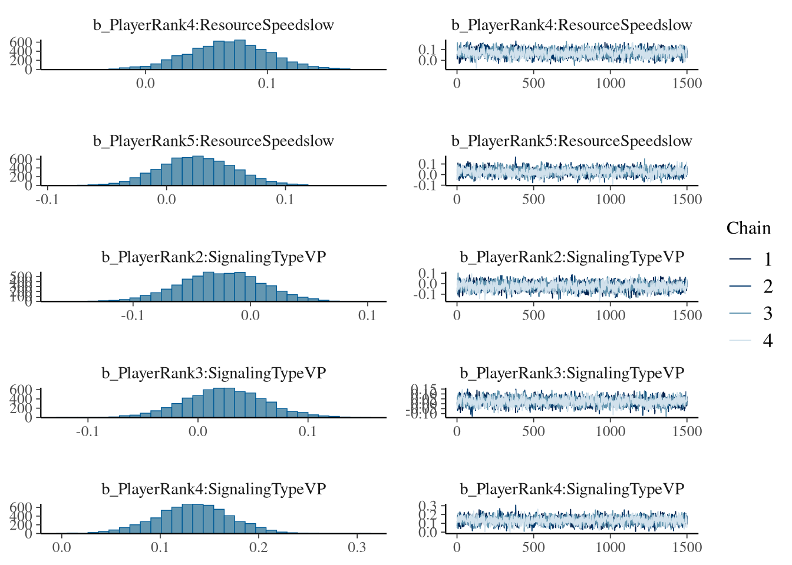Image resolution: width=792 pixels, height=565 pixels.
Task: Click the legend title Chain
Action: tap(748, 228)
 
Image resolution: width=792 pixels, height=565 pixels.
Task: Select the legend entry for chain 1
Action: tap(767, 260)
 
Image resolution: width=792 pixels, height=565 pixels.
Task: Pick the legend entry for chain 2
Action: tap(767, 287)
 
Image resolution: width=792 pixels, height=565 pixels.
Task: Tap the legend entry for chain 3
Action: tap(767, 314)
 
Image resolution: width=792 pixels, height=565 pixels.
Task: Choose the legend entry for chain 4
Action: tap(767, 341)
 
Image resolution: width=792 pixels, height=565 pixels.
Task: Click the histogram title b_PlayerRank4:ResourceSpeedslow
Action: tap(213, 25)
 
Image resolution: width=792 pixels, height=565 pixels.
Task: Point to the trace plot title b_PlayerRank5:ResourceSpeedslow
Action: tap(572, 141)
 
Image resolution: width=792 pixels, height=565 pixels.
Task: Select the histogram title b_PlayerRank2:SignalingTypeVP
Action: tap(213, 257)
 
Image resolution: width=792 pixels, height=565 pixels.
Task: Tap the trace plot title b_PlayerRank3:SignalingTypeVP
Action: tap(572, 373)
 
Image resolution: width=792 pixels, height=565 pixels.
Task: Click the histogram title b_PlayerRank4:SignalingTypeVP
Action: tap(213, 489)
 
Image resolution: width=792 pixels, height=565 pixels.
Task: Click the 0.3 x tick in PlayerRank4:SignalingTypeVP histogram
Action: tap(357, 547)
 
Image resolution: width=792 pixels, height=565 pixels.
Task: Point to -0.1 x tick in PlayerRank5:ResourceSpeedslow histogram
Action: tap(47, 200)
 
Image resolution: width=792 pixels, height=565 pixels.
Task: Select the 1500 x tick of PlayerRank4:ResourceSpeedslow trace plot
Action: tap(687, 84)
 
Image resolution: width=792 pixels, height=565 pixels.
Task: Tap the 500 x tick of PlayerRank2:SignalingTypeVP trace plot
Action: tap(533, 315)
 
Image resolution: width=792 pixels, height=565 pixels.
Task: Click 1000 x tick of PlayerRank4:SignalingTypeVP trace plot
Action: tap(610, 547)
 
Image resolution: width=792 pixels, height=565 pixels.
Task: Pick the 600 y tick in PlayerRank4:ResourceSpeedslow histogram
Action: tap(21, 42)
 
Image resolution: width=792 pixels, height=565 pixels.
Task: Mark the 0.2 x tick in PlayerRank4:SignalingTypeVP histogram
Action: tap(258, 547)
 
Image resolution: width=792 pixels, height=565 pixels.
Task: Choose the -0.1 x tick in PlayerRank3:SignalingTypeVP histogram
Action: tap(88, 431)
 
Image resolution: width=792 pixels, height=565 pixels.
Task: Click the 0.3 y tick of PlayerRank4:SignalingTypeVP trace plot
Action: tap(428, 506)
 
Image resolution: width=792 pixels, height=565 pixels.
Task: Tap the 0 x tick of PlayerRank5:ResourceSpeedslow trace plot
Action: tap(457, 200)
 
